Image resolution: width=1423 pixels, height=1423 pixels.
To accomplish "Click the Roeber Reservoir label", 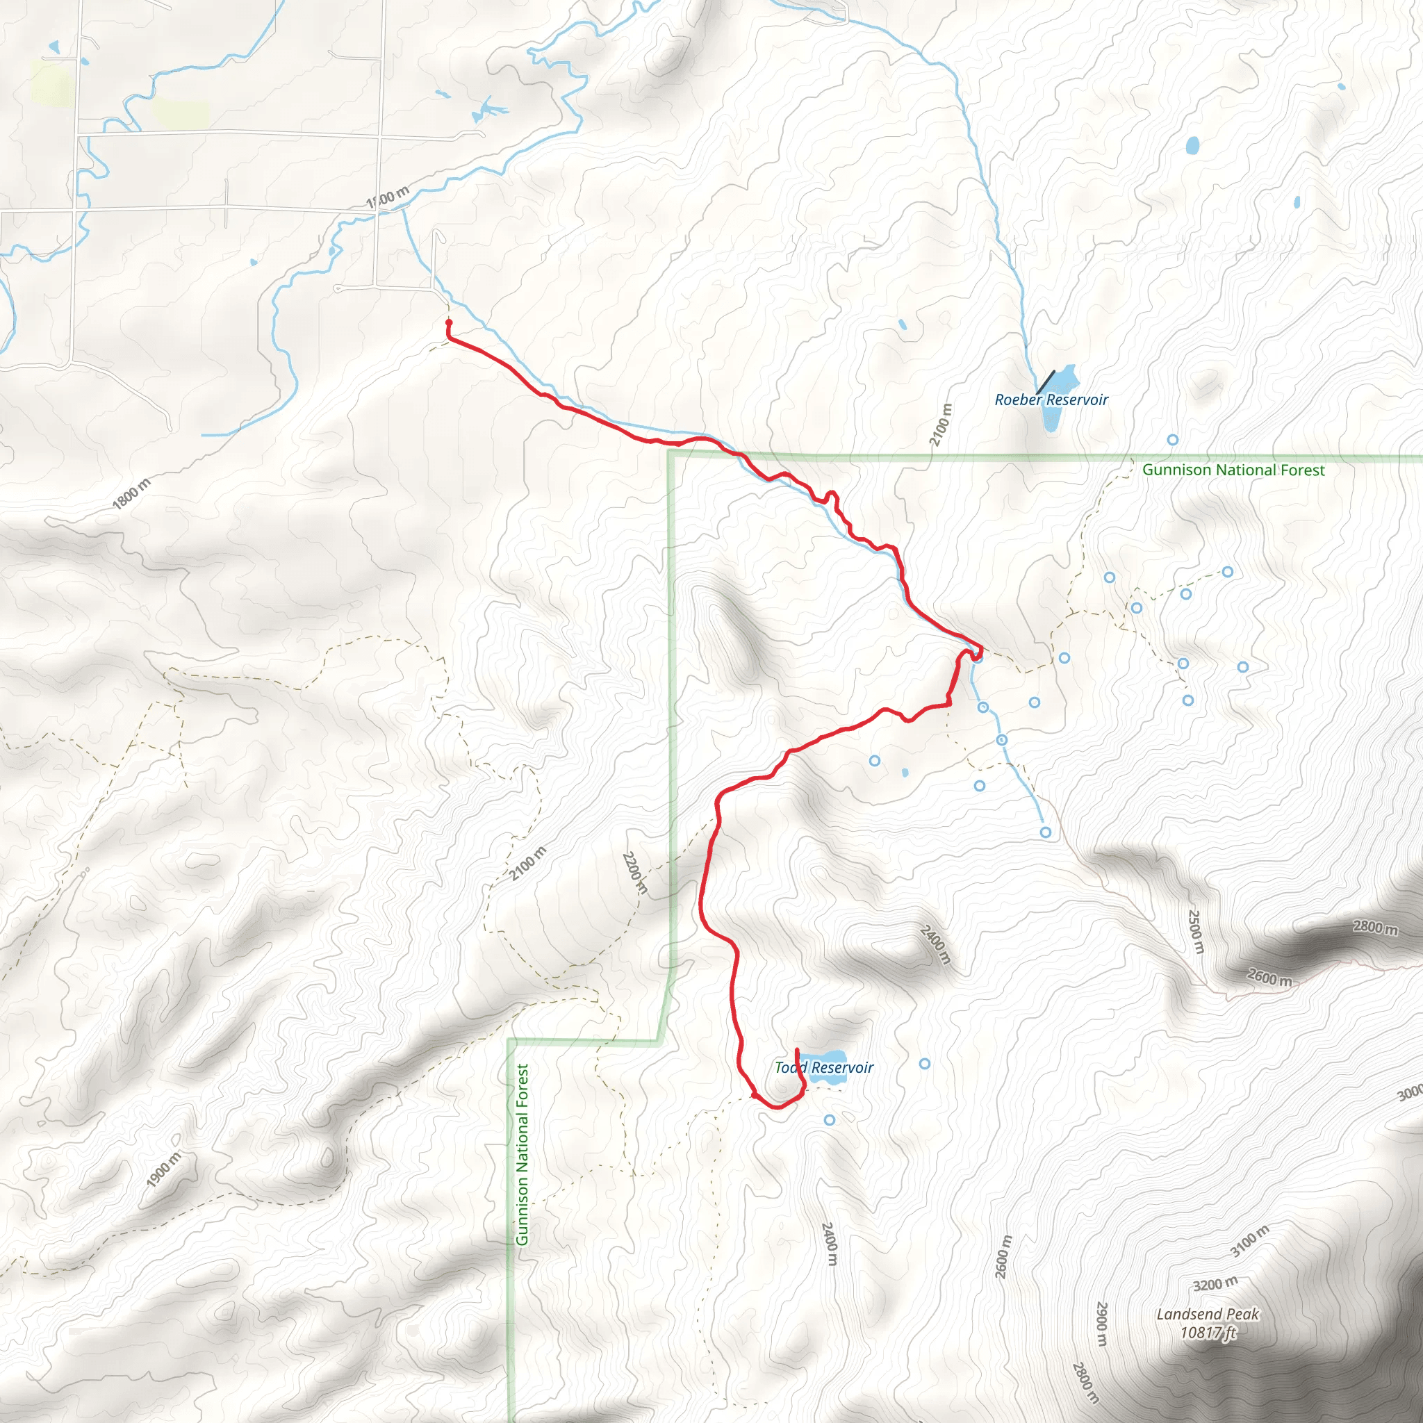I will point(1051,400).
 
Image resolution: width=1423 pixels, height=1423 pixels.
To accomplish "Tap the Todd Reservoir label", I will point(823,1067).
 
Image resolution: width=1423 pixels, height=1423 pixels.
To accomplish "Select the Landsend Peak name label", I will point(1207,1314).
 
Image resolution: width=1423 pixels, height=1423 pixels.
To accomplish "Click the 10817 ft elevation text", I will point(1207,1332).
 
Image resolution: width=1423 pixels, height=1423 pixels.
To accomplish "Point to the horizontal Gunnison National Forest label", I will point(1233,470).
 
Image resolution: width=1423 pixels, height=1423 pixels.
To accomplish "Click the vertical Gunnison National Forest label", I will point(523,1154).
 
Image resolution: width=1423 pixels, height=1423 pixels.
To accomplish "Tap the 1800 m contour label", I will point(132,493).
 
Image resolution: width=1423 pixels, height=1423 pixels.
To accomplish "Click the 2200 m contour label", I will point(635,873).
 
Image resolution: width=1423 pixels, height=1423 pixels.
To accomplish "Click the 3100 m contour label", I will point(1250,1240).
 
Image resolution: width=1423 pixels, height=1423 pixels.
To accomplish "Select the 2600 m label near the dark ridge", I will point(1269,978).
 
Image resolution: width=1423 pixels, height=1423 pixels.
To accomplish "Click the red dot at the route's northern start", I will point(449,322).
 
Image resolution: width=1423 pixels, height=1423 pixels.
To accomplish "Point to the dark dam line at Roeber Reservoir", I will point(1045,381).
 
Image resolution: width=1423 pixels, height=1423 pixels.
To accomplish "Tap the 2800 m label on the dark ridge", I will point(1374,928).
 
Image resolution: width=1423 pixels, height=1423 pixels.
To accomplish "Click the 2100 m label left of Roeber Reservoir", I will point(941,425).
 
